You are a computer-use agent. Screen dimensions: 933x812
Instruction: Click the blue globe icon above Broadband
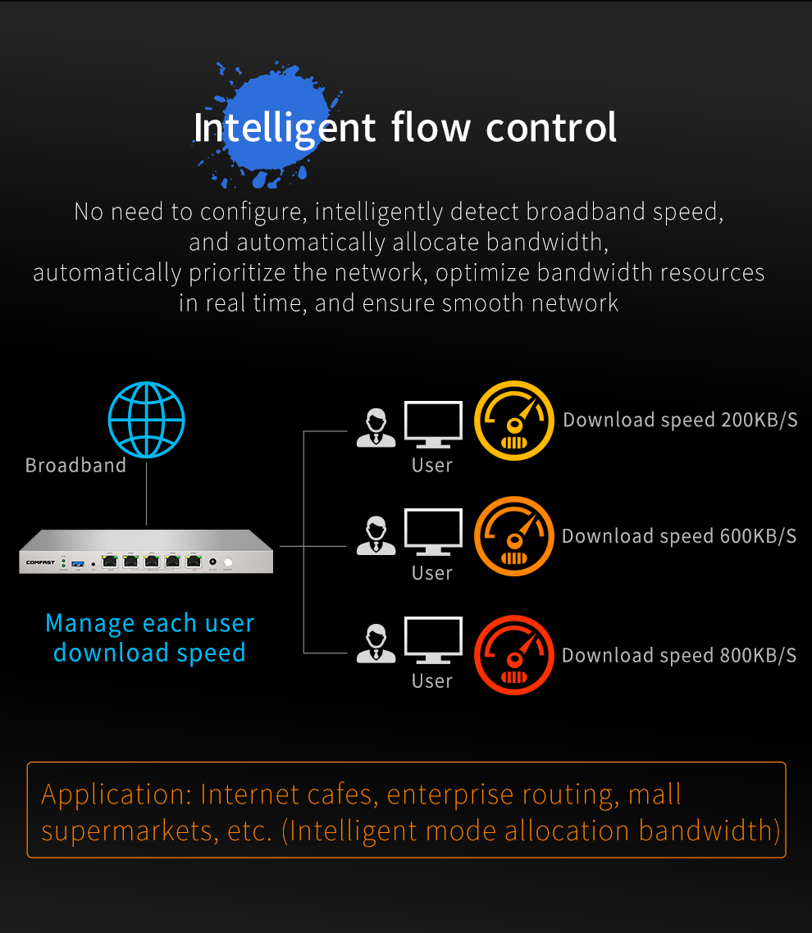click(x=147, y=420)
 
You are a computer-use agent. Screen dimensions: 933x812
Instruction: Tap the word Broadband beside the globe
click(x=76, y=466)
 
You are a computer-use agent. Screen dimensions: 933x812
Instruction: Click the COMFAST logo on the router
click(x=39, y=562)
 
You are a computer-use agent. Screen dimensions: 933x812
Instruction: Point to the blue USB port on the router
click(x=78, y=562)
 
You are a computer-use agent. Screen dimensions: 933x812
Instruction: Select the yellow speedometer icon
click(x=514, y=421)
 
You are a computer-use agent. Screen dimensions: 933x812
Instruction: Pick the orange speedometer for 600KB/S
click(x=514, y=537)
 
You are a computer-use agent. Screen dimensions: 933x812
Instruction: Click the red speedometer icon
click(x=514, y=654)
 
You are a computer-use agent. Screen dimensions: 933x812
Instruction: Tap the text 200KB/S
click(x=760, y=421)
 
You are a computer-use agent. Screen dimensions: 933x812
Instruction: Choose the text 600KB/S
click(x=759, y=537)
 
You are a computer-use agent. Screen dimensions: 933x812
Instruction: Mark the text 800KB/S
click(x=759, y=656)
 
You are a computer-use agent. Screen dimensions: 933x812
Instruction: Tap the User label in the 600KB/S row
click(x=432, y=573)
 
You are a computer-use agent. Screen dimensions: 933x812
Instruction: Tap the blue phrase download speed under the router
click(x=149, y=653)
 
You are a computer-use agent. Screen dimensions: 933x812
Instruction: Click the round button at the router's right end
click(x=228, y=562)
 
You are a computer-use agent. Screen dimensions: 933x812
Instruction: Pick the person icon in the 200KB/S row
click(x=376, y=427)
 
